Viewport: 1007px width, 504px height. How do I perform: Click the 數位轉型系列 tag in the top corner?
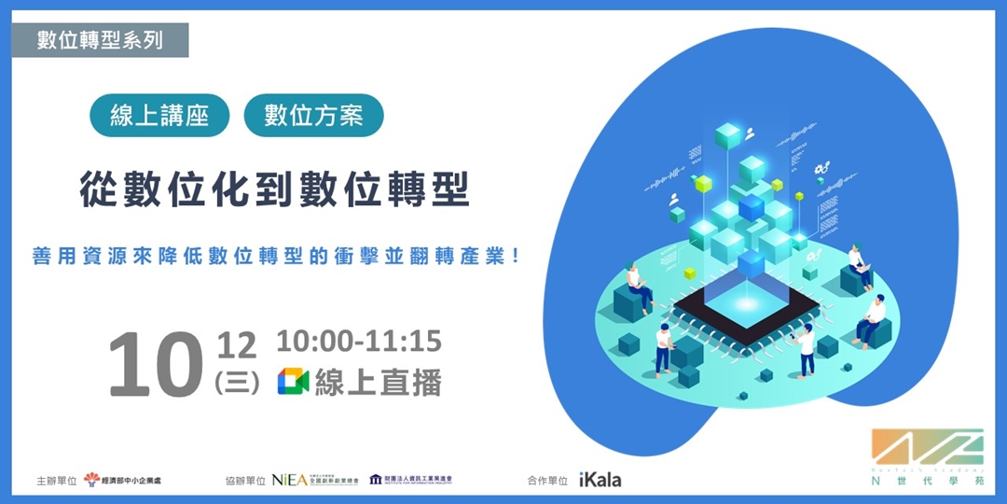[100, 40]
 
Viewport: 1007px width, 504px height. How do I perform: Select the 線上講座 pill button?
[159, 116]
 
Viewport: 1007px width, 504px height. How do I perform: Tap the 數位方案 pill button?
[313, 116]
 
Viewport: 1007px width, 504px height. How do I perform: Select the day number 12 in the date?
[235, 346]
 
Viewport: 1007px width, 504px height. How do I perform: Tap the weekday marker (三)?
[235, 383]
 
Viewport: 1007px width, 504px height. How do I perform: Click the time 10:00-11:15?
[359, 342]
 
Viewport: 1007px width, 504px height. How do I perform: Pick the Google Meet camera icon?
[293, 382]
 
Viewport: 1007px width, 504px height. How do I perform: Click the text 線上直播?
[378, 382]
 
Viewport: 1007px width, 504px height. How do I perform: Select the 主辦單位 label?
[53, 480]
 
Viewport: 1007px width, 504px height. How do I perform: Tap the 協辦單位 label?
[245, 480]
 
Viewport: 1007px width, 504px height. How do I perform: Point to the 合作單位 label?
[545, 480]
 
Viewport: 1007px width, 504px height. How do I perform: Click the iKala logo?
[600, 480]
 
